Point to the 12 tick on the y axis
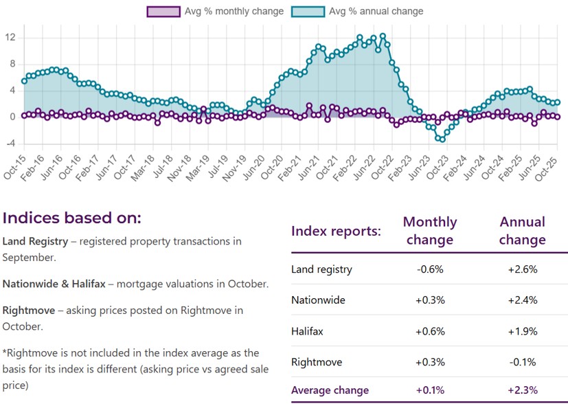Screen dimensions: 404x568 [10, 37]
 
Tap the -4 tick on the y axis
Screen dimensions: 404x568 [10, 144]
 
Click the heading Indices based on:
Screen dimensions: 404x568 [71, 218]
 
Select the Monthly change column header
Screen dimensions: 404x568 [429, 231]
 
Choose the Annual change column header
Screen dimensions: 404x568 [522, 231]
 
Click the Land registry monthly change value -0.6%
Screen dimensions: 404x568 [429, 270]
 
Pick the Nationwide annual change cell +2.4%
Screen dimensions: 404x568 [522, 300]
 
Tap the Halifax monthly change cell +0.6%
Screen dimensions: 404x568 [429, 330]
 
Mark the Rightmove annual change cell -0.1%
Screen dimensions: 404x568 [522, 361]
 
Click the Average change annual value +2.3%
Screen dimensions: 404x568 [522, 391]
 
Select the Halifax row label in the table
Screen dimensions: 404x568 [307, 330]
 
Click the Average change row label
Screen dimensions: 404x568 [330, 391]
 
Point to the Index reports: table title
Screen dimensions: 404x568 [336, 231]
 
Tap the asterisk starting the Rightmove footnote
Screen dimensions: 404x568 [5, 352]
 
